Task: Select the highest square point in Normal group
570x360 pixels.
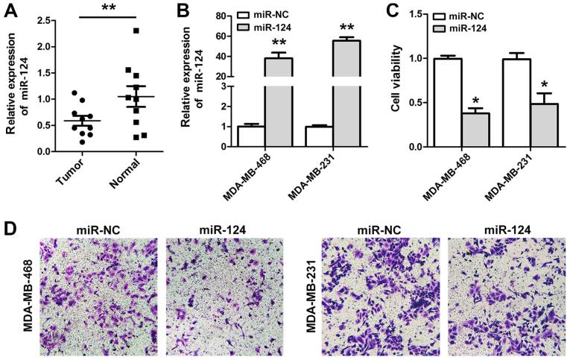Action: [x=135, y=31]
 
